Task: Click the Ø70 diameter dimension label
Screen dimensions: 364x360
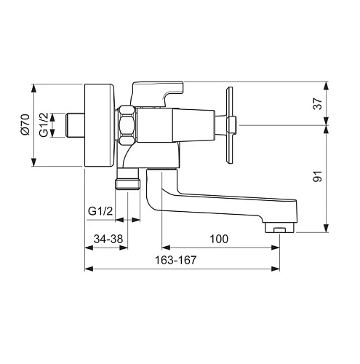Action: click(25, 124)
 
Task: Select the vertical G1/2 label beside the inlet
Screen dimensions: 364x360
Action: click(44, 124)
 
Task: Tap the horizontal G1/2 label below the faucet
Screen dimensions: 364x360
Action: click(100, 211)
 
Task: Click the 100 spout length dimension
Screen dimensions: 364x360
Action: click(218, 239)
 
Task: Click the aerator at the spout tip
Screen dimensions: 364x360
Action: click(279, 229)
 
